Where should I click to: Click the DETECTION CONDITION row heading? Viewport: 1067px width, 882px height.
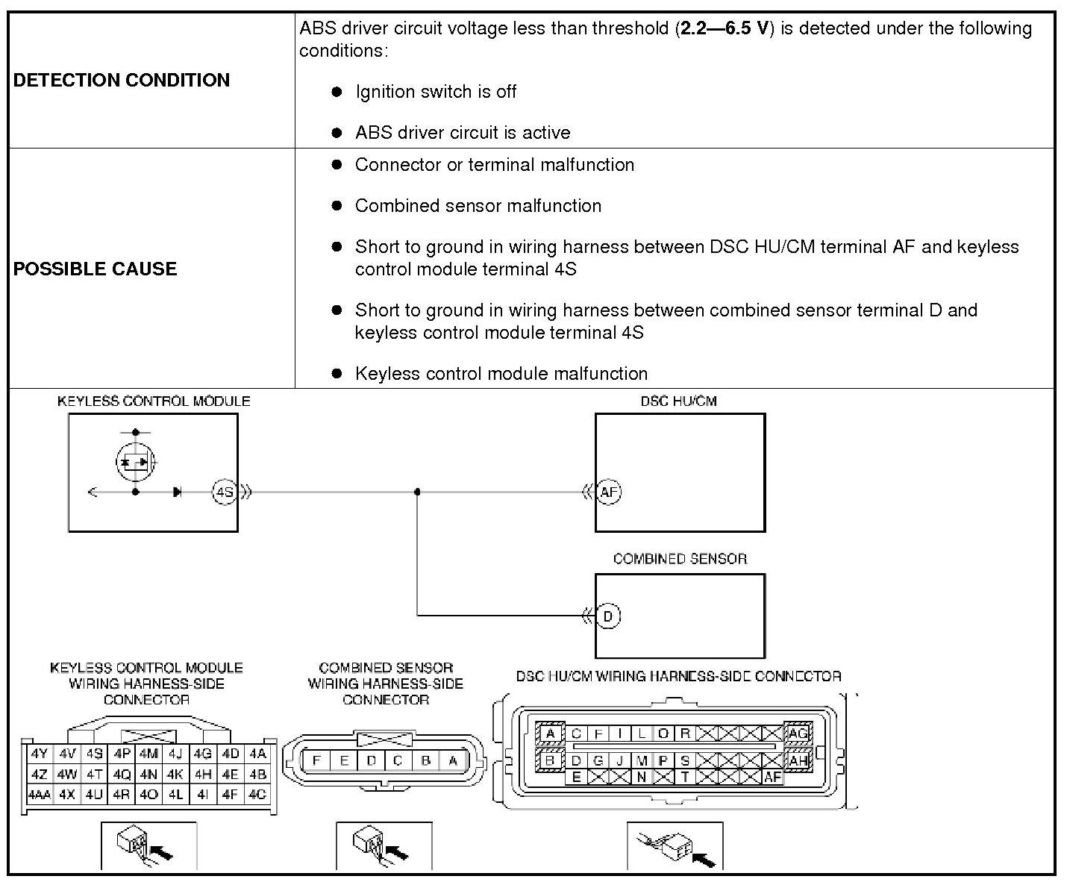point(122,80)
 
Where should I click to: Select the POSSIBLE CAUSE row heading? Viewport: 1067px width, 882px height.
point(95,269)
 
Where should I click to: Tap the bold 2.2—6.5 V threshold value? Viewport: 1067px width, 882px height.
point(723,29)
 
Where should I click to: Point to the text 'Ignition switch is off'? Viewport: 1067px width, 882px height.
point(436,92)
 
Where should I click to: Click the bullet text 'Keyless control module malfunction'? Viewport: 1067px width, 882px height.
point(501,373)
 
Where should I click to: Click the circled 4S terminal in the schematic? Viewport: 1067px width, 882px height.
point(224,492)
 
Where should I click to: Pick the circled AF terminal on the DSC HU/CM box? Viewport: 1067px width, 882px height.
point(609,492)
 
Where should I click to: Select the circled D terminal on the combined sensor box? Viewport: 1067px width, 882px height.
point(609,616)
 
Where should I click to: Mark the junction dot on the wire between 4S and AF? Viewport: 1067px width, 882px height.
point(417,492)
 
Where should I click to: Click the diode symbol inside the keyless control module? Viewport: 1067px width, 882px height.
point(177,492)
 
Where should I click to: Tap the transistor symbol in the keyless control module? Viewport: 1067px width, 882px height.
point(135,462)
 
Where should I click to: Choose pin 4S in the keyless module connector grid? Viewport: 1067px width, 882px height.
point(94,754)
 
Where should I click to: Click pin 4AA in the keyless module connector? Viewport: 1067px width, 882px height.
point(39,795)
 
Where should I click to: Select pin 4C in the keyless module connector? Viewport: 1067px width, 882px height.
point(257,795)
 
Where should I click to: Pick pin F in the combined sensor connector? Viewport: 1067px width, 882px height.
point(317,761)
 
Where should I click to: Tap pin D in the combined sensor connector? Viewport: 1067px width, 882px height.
point(371,761)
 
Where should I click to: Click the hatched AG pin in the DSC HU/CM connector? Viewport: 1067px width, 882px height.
point(798,734)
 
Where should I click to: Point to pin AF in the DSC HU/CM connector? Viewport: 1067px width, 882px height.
point(772,778)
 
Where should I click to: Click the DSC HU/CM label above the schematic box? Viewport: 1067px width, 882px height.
point(678,401)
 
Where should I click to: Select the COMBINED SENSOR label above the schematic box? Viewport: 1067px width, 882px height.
point(680,559)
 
